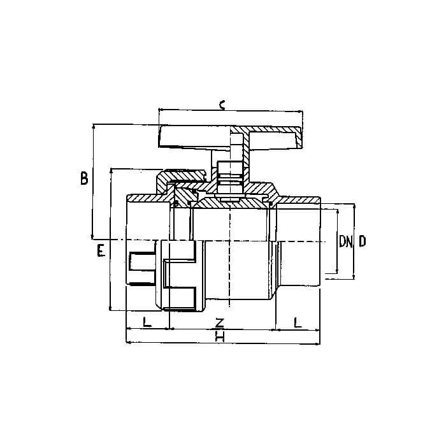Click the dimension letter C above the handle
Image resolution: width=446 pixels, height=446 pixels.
pos(222,104)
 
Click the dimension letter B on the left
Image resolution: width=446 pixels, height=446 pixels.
pos(84,178)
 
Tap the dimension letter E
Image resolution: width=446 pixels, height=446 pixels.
pos(101,250)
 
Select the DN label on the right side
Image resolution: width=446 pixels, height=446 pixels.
pos(345,241)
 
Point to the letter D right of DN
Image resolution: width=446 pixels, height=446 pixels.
pos(362,241)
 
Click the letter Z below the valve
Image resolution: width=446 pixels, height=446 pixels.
pos(220,322)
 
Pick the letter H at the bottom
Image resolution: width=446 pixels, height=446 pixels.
pos(220,336)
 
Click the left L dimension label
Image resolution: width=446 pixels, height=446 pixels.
pos(147,322)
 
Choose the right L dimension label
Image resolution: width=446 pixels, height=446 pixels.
pos(298,322)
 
